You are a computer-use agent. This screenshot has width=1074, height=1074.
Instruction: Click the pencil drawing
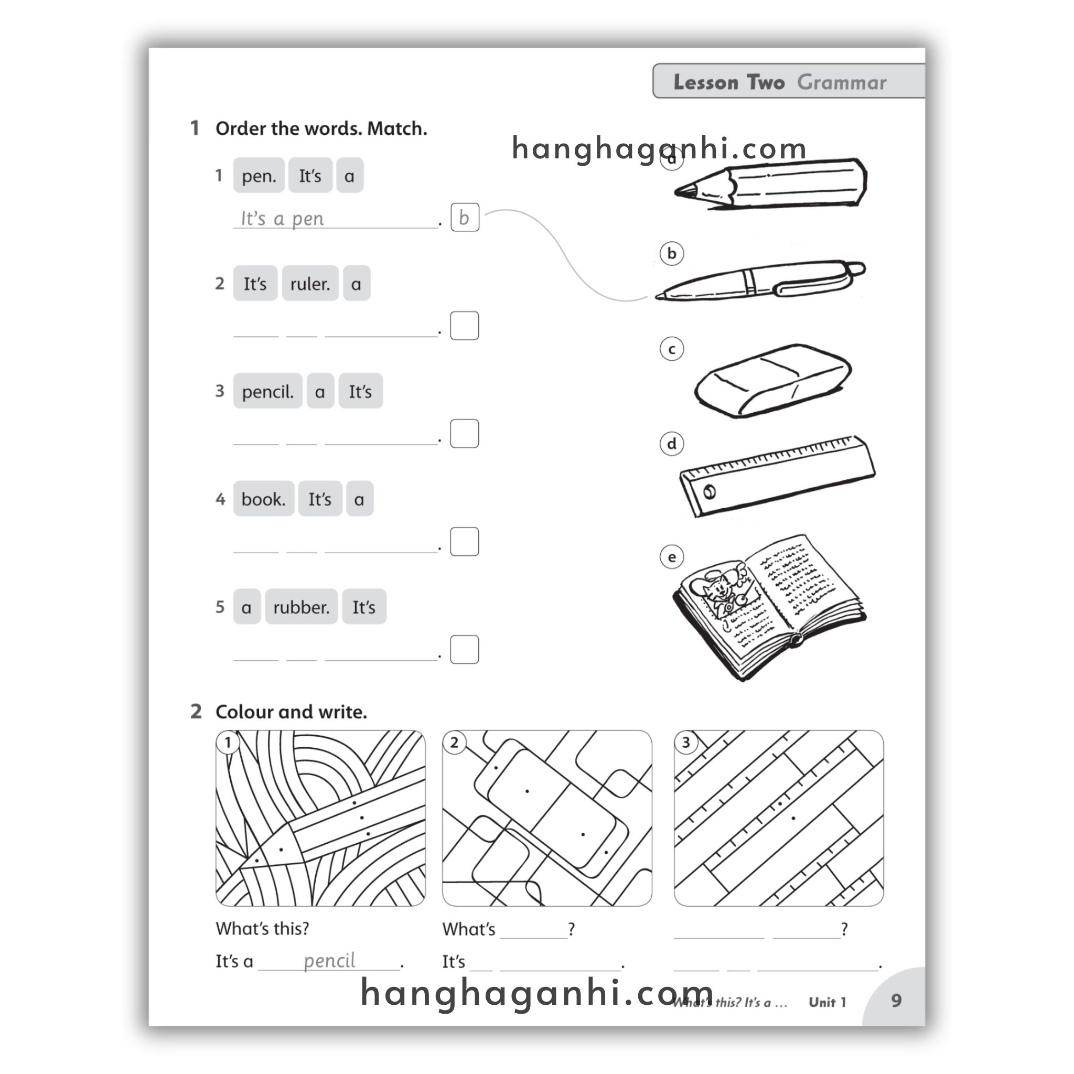pos(770,184)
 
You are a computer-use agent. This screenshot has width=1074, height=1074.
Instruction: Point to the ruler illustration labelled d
pos(776,476)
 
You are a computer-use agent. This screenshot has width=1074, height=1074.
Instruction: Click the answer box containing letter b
pos(464,217)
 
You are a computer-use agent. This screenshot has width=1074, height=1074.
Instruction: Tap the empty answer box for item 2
pos(464,325)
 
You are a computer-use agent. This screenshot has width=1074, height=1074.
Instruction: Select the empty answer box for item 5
pos(464,649)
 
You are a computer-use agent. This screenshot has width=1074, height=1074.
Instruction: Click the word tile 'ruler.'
pos(309,284)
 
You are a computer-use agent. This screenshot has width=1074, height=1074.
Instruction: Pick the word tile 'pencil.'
pos(267,391)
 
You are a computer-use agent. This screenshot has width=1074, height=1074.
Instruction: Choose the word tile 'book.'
pos(263,499)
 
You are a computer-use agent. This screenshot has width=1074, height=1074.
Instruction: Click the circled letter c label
pos(672,349)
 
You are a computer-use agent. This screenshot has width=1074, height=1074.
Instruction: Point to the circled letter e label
pos(672,557)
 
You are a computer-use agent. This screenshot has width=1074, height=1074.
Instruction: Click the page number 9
pos(896,1001)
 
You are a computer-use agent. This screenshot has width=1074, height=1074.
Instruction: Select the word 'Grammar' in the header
pos(841,82)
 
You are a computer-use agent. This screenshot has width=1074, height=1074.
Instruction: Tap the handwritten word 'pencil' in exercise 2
pos(329,961)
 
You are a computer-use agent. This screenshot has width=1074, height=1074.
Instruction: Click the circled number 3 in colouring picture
pos(686,742)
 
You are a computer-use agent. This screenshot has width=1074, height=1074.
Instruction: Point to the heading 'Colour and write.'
pos(291,712)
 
